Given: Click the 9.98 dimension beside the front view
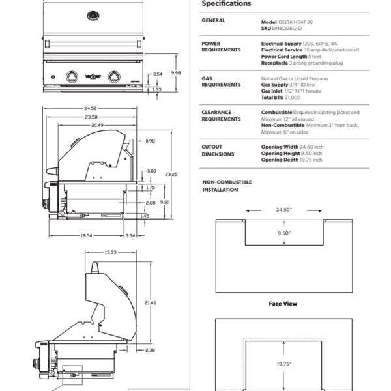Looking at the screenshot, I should click(176, 73).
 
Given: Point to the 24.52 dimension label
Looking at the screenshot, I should click(90, 109).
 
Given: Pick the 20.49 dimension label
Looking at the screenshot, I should click(97, 124).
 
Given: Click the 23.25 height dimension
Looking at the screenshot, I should click(171, 174).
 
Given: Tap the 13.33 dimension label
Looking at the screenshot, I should click(110, 252).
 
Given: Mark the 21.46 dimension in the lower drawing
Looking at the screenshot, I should click(151, 302).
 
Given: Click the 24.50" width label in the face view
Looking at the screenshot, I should click(283, 210).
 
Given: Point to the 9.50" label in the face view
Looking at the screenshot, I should click(283, 233).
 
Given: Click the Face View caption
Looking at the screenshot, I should click(283, 304).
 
